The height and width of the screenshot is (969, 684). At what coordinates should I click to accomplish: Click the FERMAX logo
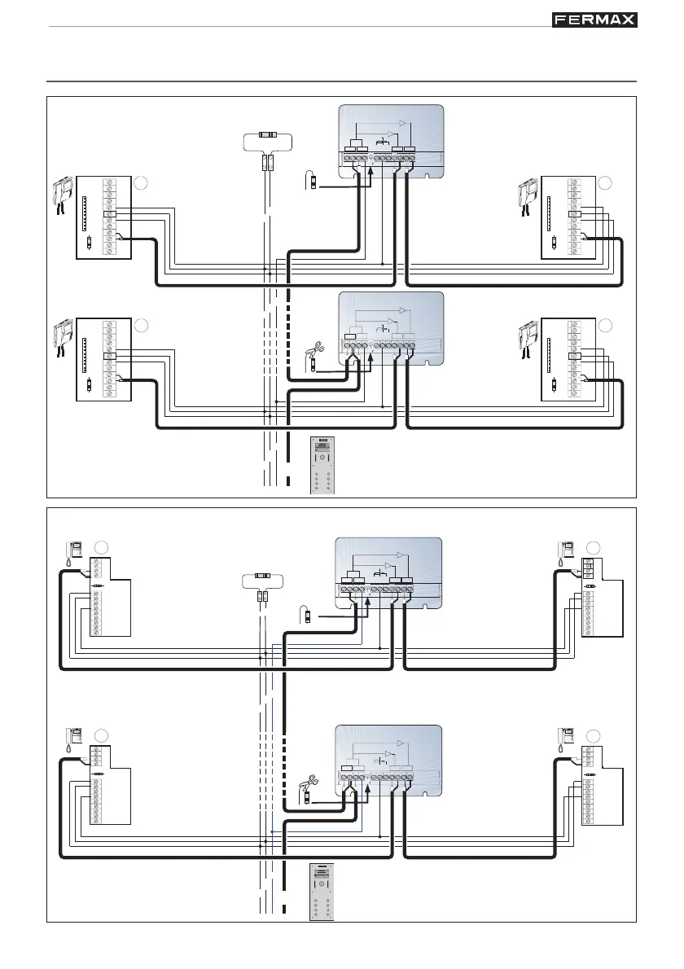[x=594, y=20]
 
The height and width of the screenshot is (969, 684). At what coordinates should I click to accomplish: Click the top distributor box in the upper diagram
[x=391, y=142]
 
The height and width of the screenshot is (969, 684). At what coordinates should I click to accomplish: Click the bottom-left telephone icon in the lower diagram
[x=72, y=739]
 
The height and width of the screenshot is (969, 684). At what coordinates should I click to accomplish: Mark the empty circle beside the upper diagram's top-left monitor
[x=141, y=183]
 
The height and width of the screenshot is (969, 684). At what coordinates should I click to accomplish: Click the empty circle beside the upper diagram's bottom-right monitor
[x=604, y=325]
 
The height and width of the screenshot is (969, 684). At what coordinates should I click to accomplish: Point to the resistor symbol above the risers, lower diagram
[x=263, y=575]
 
